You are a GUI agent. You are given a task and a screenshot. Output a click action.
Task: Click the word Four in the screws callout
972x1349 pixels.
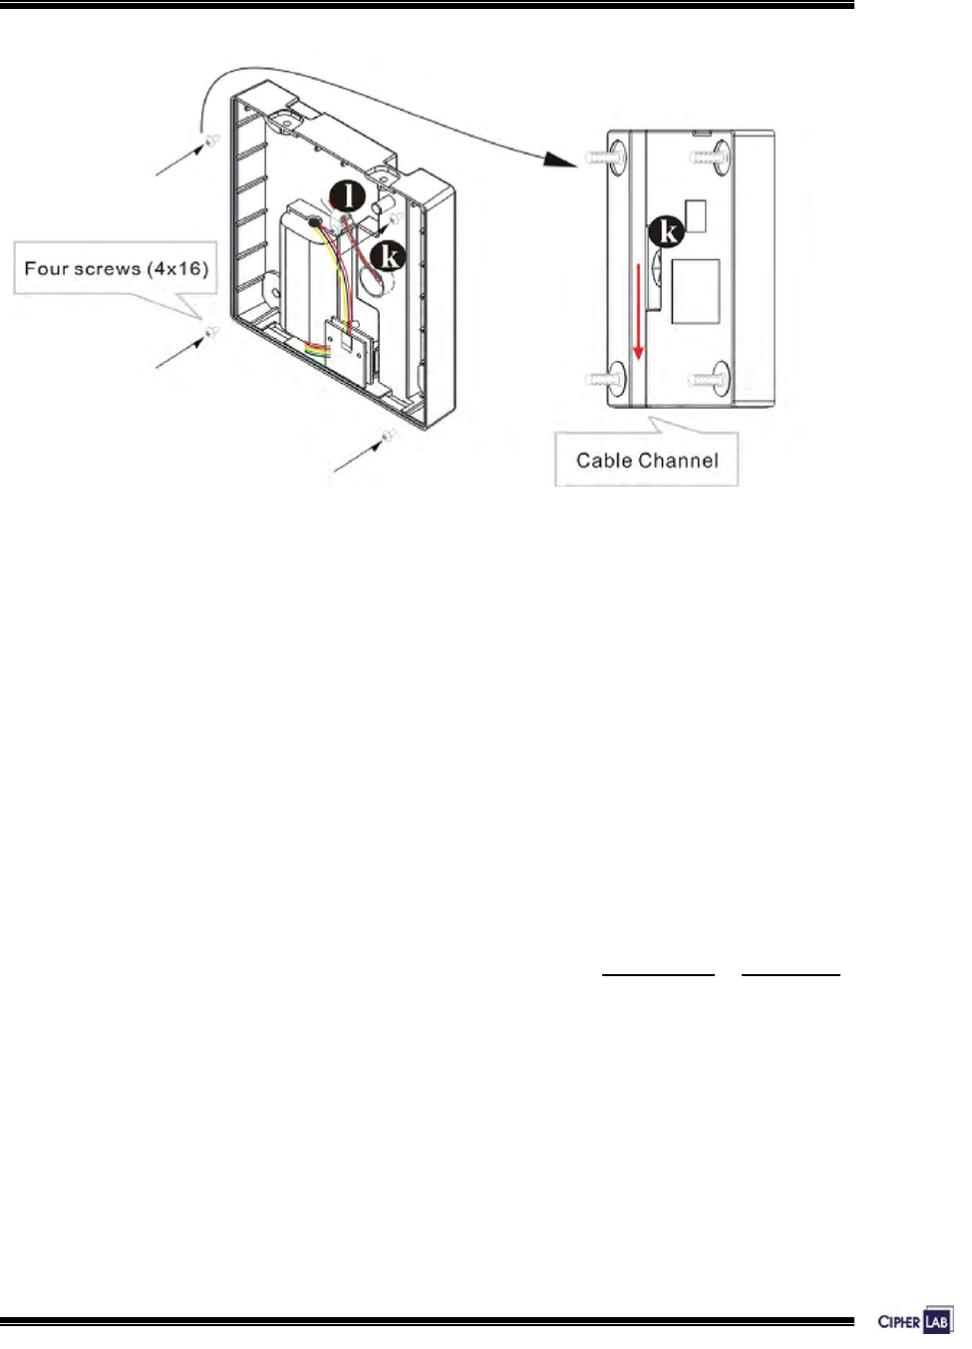[46, 269]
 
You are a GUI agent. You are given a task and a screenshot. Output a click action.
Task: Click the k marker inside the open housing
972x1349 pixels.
[388, 256]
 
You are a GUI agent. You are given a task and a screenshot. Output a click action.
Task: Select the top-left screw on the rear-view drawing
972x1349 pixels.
[606, 156]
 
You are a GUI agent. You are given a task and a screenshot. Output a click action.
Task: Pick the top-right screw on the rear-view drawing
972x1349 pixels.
[710, 156]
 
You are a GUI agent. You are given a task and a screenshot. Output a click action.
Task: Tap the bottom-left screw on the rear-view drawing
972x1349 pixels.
[606, 378]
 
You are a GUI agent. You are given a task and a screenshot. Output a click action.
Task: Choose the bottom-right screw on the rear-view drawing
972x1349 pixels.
[710, 379]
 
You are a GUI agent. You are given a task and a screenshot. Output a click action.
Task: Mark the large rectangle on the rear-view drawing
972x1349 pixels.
[696, 292]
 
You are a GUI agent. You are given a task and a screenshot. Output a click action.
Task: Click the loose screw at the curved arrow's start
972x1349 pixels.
[210, 145]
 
